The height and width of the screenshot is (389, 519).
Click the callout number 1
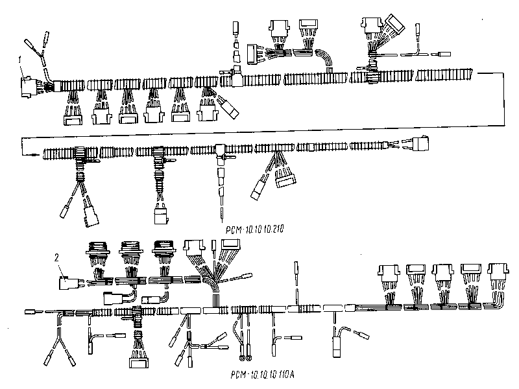point(20,59)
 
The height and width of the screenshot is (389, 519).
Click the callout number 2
point(57,258)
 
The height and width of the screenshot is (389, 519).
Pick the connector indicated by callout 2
point(68,283)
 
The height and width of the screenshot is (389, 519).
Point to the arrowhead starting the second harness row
point(27,152)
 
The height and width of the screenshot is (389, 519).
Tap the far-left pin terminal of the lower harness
point(30,312)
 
